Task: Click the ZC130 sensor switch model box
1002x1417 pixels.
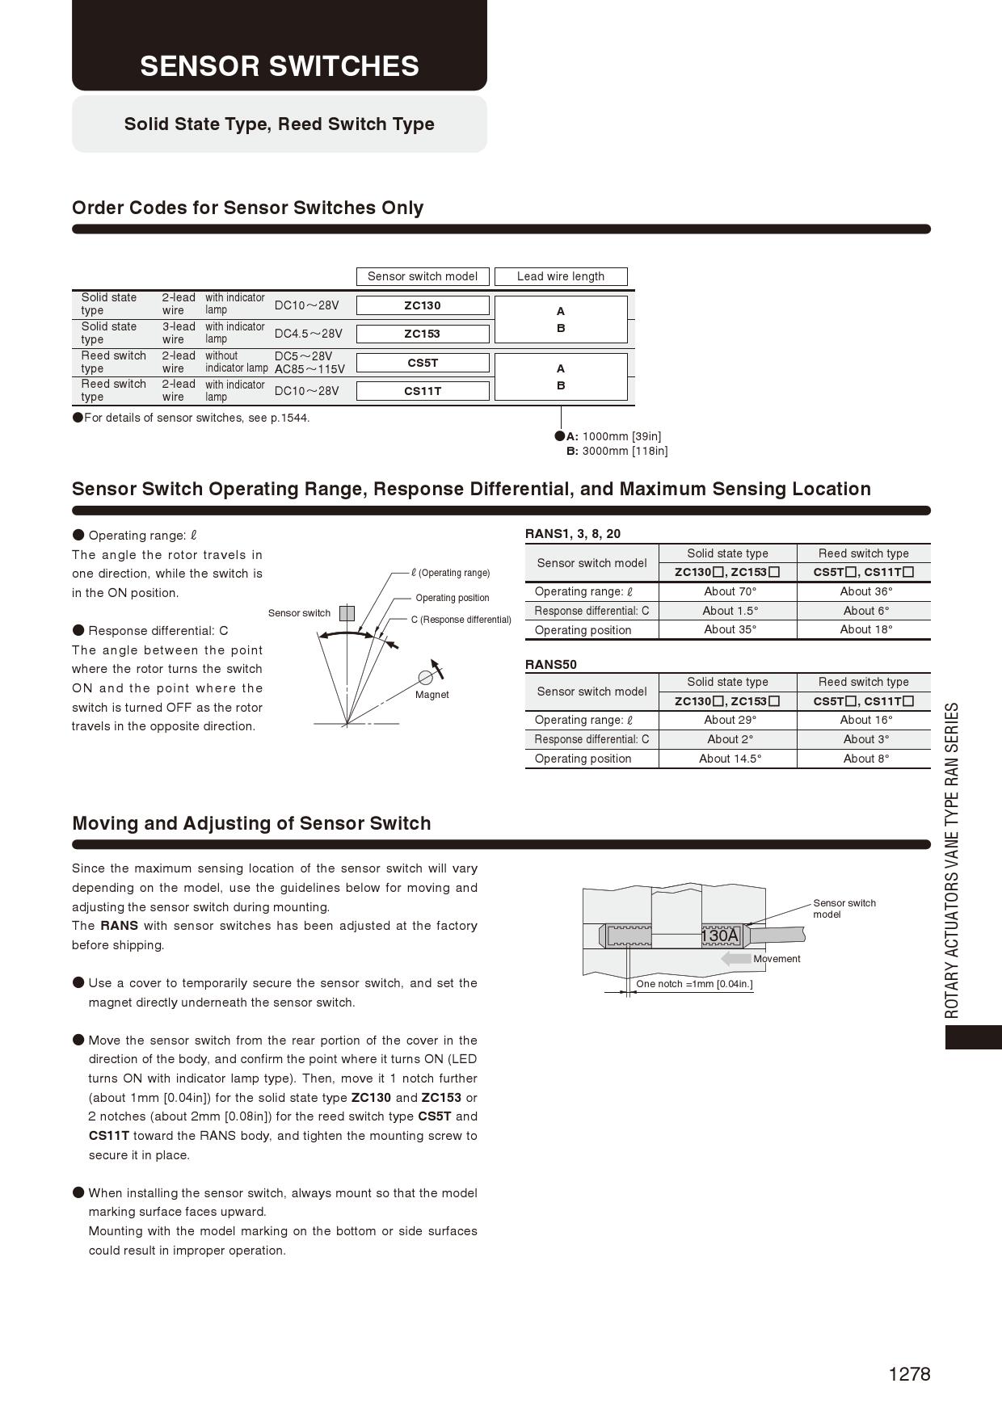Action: pyautogui.click(x=423, y=305)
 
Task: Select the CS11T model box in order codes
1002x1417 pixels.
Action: pyautogui.click(x=423, y=391)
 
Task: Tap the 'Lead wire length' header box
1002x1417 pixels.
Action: pyautogui.click(x=561, y=276)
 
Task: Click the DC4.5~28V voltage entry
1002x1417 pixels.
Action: pyautogui.click(x=309, y=334)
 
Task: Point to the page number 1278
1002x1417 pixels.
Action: pyautogui.click(x=909, y=1374)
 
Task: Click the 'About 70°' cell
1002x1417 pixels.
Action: pyautogui.click(x=730, y=591)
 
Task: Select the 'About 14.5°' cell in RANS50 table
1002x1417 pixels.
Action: pyautogui.click(x=730, y=759)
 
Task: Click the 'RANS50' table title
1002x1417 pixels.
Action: pyautogui.click(x=551, y=665)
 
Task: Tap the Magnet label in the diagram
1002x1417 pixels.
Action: pyautogui.click(x=432, y=695)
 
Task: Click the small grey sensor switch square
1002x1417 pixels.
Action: pyautogui.click(x=347, y=613)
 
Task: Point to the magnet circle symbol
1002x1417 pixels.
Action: pyautogui.click(x=425, y=678)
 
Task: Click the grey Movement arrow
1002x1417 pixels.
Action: pyautogui.click(x=736, y=959)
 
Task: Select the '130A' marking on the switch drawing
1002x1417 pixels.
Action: pyautogui.click(x=720, y=936)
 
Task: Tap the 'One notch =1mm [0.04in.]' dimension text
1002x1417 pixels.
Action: pyautogui.click(x=694, y=984)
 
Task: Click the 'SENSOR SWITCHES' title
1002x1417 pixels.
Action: pyautogui.click(x=280, y=66)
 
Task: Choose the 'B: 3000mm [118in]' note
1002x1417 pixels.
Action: pyautogui.click(x=617, y=451)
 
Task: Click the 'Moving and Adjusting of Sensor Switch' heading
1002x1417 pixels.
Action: pyautogui.click(x=251, y=823)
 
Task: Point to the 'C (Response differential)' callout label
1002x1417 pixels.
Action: pyautogui.click(x=461, y=620)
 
